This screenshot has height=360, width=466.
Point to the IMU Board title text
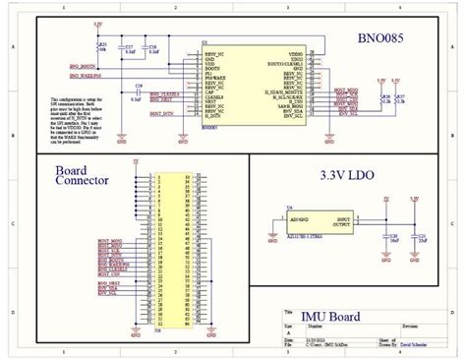[x=331, y=318]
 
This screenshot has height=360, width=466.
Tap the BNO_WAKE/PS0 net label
[x=88, y=75]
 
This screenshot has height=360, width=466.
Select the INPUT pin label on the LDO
[x=344, y=220]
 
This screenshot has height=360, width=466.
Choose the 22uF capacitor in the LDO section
[x=416, y=237]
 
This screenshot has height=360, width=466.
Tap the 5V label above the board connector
[x=136, y=159]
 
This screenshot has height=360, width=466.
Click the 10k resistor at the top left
[x=99, y=46]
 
